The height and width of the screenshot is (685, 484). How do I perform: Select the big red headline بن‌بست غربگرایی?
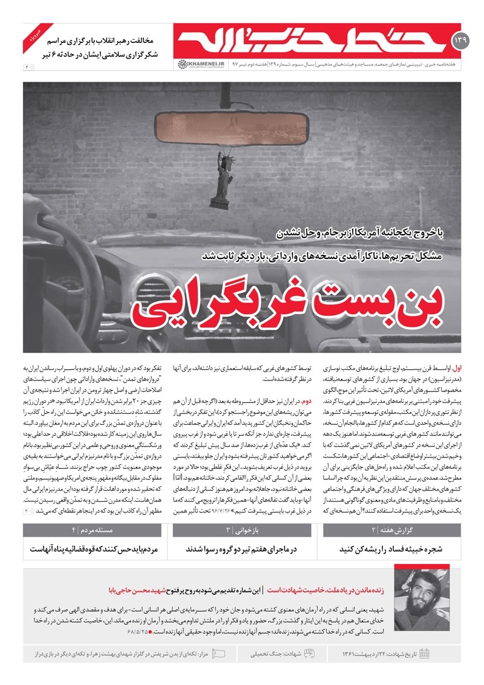(296, 306)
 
